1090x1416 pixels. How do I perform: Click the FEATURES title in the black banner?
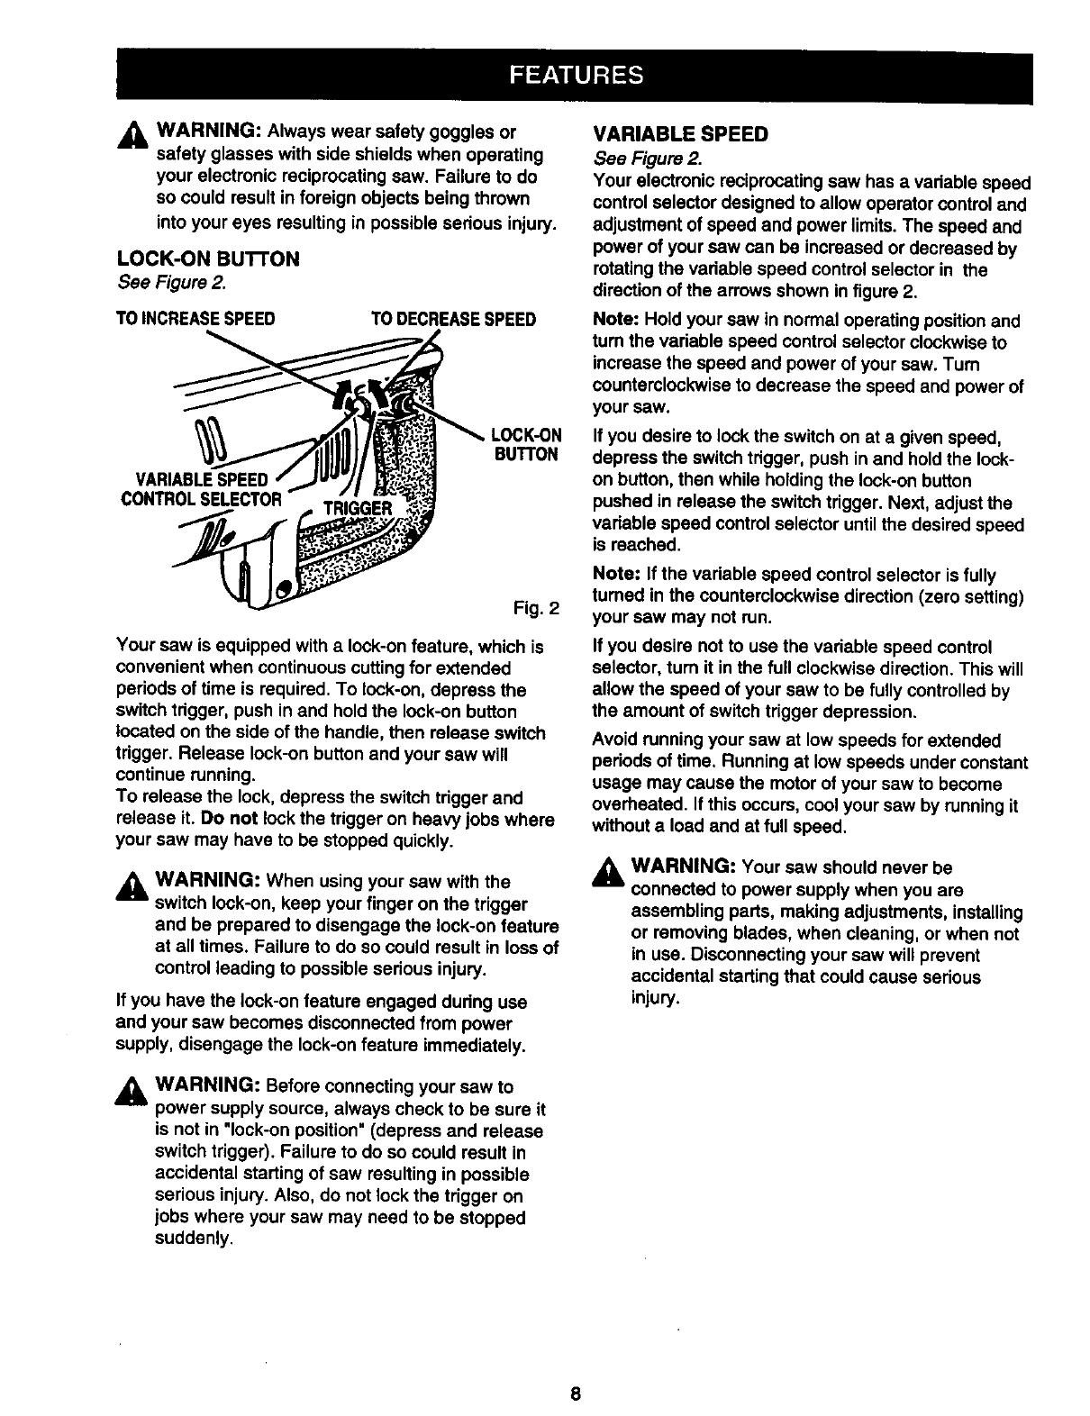tap(577, 75)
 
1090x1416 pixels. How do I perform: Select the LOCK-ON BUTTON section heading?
tap(208, 259)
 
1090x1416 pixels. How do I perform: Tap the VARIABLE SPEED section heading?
tap(680, 135)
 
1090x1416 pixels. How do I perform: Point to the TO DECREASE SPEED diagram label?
tap(453, 319)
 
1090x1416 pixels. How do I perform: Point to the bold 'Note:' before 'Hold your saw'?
tap(615, 321)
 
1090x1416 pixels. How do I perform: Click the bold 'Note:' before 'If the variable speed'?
tap(615, 575)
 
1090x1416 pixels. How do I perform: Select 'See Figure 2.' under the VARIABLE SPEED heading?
tap(640, 159)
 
